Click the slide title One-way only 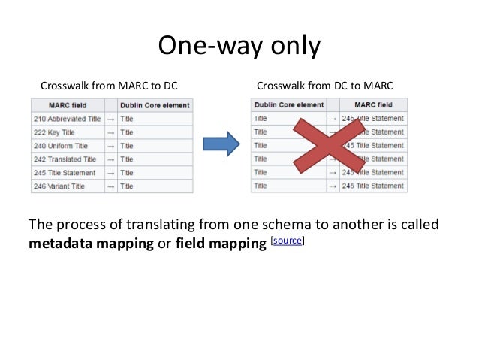(x=239, y=47)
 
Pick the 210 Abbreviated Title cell (x=67, y=119)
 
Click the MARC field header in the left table (x=68, y=105)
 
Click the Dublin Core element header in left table (x=155, y=105)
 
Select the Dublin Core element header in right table (x=289, y=104)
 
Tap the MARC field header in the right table (x=373, y=104)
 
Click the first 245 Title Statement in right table (x=372, y=118)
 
